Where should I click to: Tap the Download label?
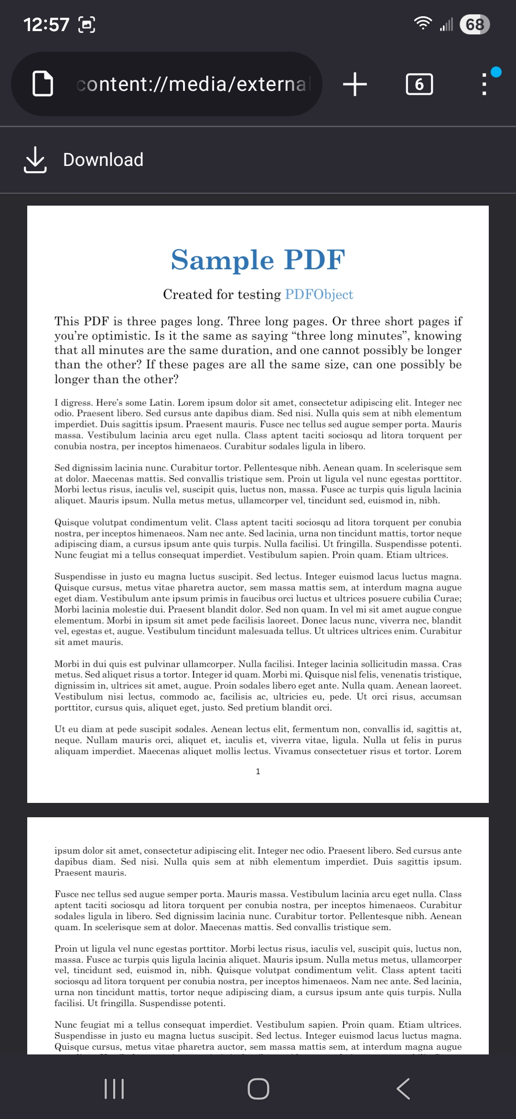pos(103,160)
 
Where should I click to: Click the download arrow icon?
pos(35,160)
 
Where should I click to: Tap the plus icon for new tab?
pos(355,84)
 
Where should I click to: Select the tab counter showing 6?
pos(419,84)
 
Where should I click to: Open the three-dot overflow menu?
pos(484,84)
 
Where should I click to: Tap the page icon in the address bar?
pos(43,84)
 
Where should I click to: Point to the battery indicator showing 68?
pos(474,24)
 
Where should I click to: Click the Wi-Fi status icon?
pos(423,23)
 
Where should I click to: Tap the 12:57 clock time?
pos(46,24)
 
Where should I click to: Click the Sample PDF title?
pos(258,260)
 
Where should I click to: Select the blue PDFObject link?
pos(319,294)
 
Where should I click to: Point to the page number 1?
pos(258,771)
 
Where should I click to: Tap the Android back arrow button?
pos(403,1089)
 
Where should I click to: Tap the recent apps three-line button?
pos(114,1089)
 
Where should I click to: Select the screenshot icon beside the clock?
pos(86,24)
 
